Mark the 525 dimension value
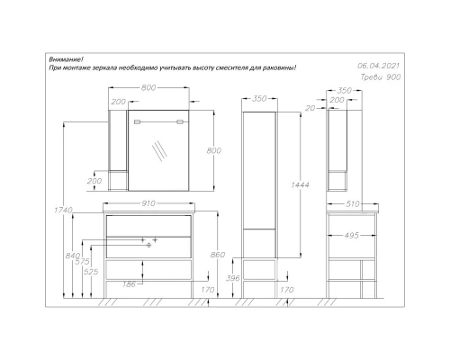[91, 271]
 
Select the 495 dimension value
[353, 235]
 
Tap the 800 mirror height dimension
[213, 151]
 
